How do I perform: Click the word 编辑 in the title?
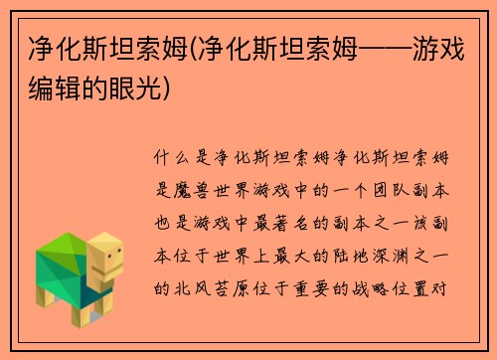click(x=51, y=89)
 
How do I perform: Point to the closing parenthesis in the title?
click(x=178, y=89)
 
